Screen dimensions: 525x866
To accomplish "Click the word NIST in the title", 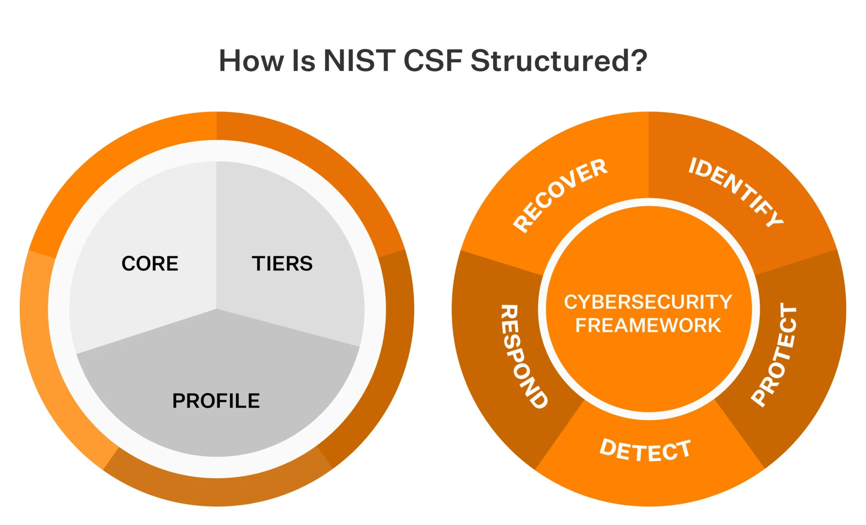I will click(x=359, y=60).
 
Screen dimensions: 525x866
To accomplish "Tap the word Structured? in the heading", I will click(x=558, y=60).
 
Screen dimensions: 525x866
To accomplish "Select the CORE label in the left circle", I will click(x=150, y=264).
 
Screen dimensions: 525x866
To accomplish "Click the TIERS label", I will click(x=282, y=264).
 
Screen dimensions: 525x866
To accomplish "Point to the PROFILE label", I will click(x=216, y=401).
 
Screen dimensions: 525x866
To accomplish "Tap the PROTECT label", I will click(x=774, y=355).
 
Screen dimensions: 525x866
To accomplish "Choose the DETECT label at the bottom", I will click(x=645, y=450).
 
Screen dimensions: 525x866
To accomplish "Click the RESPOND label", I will click(x=523, y=357).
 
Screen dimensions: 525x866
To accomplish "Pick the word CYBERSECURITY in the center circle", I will click(x=648, y=302).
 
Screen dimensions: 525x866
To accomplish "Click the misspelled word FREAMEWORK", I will click(x=648, y=325).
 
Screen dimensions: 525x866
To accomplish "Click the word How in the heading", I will click(x=251, y=60).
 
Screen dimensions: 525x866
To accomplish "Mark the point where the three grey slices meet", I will click(x=216, y=309).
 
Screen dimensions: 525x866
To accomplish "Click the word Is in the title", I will click(x=304, y=60).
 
